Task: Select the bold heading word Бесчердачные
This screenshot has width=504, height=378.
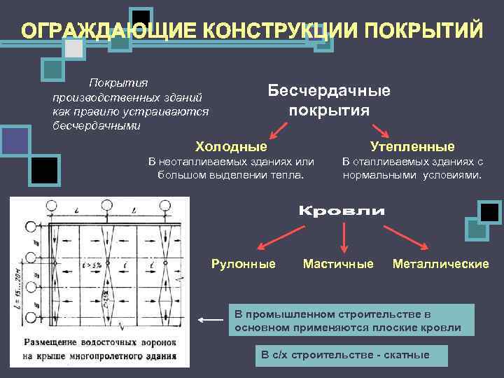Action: [329, 90]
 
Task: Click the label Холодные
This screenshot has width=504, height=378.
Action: [231, 146]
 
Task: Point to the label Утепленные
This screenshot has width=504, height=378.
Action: [412, 146]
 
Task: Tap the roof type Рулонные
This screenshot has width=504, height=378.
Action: [243, 264]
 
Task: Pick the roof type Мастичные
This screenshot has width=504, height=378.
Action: [338, 264]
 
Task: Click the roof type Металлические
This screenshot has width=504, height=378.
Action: [441, 264]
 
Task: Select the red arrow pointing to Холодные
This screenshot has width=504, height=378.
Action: [279, 129]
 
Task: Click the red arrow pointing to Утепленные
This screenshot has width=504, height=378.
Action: [380, 129]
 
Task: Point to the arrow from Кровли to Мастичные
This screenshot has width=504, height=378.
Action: [343, 239]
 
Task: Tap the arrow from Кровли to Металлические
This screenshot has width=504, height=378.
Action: [412, 238]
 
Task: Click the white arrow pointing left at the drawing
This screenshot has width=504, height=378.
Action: [210, 321]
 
